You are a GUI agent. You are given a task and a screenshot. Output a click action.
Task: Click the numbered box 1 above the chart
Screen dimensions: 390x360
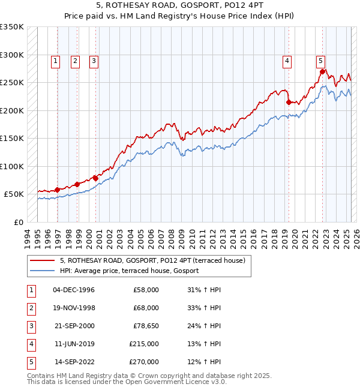pos(55,60)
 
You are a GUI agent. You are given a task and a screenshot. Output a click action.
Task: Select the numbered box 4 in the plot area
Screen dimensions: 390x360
pos(287,60)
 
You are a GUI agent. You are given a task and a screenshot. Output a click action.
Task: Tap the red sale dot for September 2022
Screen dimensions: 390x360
pos(322,72)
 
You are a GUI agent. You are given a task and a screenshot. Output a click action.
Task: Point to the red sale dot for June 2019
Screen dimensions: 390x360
pos(289,103)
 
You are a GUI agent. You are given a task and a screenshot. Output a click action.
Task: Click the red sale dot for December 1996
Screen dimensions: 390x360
pos(58,190)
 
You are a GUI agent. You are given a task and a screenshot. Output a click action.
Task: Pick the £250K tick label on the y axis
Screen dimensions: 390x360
pos(12,83)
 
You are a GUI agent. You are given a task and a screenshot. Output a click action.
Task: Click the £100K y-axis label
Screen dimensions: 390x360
pos(12,166)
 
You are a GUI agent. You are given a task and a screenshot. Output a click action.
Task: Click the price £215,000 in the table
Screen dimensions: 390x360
pos(144,344)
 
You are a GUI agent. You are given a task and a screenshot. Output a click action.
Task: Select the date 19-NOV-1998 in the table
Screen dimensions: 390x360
pos(74,308)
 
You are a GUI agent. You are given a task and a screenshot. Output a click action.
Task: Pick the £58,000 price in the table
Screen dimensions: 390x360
pos(146,290)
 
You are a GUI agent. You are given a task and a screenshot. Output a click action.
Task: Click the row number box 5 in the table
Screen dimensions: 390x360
pos(30,362)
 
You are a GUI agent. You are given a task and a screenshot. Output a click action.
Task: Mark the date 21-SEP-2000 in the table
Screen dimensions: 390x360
pos(74,326)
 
